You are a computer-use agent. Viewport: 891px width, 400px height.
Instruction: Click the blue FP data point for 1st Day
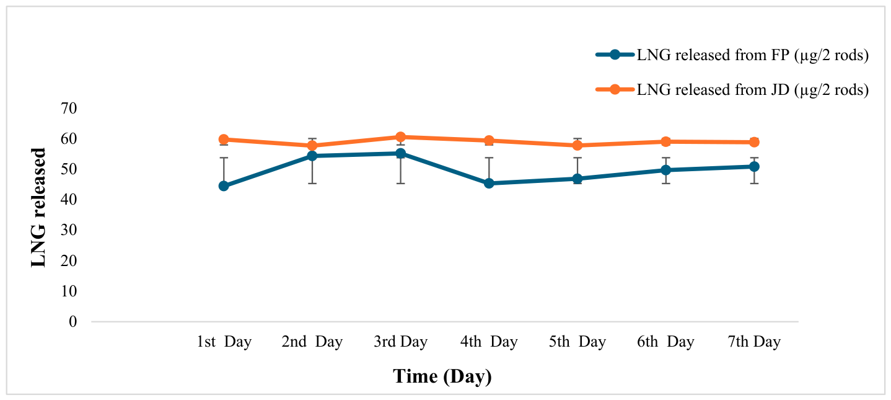tap(224, 186)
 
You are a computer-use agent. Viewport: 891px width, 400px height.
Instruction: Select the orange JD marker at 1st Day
tap(224, 140)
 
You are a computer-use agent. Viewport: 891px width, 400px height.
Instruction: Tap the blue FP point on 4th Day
tap(489, 183)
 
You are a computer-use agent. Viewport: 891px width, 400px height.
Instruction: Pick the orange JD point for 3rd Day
tap(400, 137)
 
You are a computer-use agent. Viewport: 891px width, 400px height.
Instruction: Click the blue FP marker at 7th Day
tap(754, 166)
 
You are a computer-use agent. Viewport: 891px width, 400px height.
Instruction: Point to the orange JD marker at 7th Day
tap(754, 142)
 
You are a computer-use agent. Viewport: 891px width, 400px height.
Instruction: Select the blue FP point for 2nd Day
tap(312, 156)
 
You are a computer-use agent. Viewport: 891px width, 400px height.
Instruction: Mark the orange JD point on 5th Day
tap(577, 145)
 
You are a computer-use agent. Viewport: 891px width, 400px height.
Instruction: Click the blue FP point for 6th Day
tap(666, 170)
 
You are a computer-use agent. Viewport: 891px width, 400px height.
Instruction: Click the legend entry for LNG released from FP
tap(732, 55)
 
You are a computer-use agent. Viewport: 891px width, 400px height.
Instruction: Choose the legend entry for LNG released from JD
tap(732, 89)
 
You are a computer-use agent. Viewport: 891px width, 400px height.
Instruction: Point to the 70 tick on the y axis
tap(69, 108)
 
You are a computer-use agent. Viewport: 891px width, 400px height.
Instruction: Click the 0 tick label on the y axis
tap(72, 322)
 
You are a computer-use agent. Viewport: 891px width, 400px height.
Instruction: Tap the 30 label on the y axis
tap(69, 229)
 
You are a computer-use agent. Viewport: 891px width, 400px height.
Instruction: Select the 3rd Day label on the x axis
tap(400, 342)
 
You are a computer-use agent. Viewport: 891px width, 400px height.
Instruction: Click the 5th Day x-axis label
tap(577, 342)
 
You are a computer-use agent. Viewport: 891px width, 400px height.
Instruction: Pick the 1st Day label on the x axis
tap(224, 342)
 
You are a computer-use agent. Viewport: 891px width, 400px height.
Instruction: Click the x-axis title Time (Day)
tap(442, 376)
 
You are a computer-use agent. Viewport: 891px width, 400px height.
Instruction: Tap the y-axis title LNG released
tap(38, 207)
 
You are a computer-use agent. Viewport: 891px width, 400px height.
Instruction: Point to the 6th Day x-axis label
tap(666, 342)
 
